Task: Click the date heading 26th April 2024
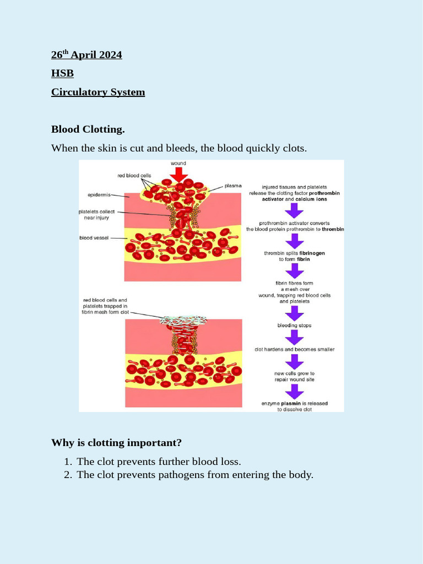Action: [x=86, y=55]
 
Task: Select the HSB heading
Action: [x=62, y=73]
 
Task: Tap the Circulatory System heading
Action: [x=98, y=92]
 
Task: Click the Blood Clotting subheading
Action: [x=88, y=129]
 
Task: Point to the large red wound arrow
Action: [x=178, y=174]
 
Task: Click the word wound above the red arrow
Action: [x=178, y=164]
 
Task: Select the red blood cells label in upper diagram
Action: [x=134, y=176]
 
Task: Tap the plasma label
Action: [x=233, y=186]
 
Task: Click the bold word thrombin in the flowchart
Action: [x=333, y=229]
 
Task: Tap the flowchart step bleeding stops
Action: [x=294, y=326]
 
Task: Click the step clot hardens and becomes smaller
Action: [x=294, y=349]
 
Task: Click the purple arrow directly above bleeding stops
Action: [x=294, y=312]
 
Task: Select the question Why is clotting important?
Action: [x=116, y=443]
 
